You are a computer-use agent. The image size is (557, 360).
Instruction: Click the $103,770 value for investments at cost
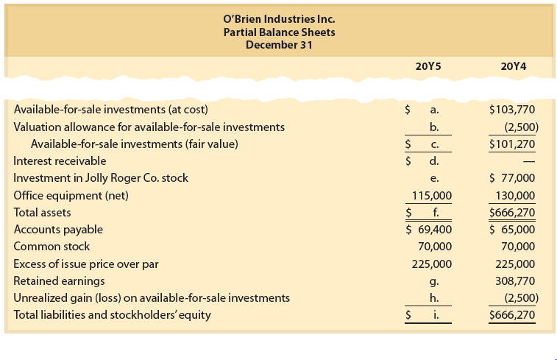pyautogui.click(x=512, y=110)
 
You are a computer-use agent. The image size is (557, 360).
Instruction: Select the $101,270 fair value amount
pyautogui.click(x=512, y=144)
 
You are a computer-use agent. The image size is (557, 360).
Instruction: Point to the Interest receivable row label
pyautogui.click(x=60, y=160)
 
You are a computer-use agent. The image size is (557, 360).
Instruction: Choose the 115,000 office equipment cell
pyautogui.click(x=433, y=195)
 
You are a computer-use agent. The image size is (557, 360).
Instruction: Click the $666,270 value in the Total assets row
pyautogui.click(x=512, y=212)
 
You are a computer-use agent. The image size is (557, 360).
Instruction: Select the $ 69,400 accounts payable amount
pyautogui.click(x=430, y=229)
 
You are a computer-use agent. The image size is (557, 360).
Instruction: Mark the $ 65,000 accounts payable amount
pyautogui.click(x=512, y=229)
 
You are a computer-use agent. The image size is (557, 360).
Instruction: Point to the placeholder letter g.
pyautogui.click(x=434, y=281)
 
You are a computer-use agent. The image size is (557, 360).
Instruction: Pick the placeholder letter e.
pyautogui.click(x=434, y=178)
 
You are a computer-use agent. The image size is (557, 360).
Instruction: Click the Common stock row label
pyautogui.click(x=52, y=247)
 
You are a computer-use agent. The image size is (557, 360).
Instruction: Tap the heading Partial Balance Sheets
pyautogui.click(x=279, y=32)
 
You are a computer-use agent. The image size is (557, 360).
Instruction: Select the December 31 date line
pyautogui.click(x=279, y=45)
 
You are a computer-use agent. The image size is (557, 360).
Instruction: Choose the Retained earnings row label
pyautogui.click(x=59, y=280)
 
